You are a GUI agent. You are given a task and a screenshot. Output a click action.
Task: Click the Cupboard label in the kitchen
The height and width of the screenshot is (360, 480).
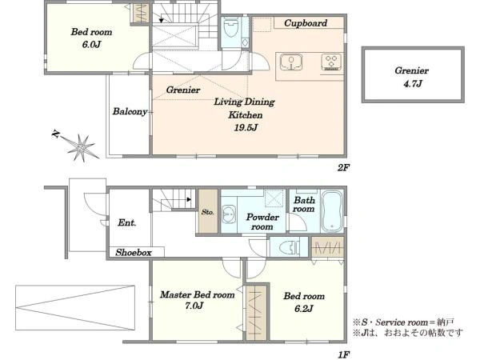[306, 23]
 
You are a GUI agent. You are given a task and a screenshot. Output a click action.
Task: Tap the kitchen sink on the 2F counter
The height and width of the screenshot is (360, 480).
[291, 62]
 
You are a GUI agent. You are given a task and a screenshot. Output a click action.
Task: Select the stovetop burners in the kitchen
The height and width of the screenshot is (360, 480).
[331, 62]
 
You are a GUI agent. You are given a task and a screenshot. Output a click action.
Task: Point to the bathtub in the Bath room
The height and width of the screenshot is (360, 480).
[332, 211]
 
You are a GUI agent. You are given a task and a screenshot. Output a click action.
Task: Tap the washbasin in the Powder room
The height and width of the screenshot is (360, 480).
[229, 214]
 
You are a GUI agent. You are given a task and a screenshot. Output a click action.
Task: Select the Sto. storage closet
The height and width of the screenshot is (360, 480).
[208, 211]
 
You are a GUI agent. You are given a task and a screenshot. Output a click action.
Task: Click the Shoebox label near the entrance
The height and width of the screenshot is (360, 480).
[134, 253]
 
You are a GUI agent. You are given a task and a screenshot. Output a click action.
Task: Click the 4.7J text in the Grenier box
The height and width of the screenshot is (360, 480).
[412, 83]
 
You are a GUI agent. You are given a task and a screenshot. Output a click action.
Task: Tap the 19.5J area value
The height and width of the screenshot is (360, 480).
[246, 127]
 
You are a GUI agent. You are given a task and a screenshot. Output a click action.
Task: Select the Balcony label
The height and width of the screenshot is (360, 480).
[130, 111]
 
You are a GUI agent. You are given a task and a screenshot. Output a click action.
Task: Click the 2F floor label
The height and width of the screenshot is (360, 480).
[343, 167]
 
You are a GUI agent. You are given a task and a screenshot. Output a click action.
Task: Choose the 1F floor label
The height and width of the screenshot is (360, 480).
[343, 354]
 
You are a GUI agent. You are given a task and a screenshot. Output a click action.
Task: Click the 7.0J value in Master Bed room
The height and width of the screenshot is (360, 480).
[194, 306]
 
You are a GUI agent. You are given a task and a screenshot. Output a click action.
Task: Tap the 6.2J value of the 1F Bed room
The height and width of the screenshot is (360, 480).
[303, 309]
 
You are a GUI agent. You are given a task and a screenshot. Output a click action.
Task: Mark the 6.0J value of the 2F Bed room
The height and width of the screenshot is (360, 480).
[91, 45]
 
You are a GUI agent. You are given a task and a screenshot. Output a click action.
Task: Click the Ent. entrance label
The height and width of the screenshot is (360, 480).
[126, 222]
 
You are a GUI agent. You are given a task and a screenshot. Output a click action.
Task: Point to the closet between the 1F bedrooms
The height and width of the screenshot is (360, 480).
[256, 313]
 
